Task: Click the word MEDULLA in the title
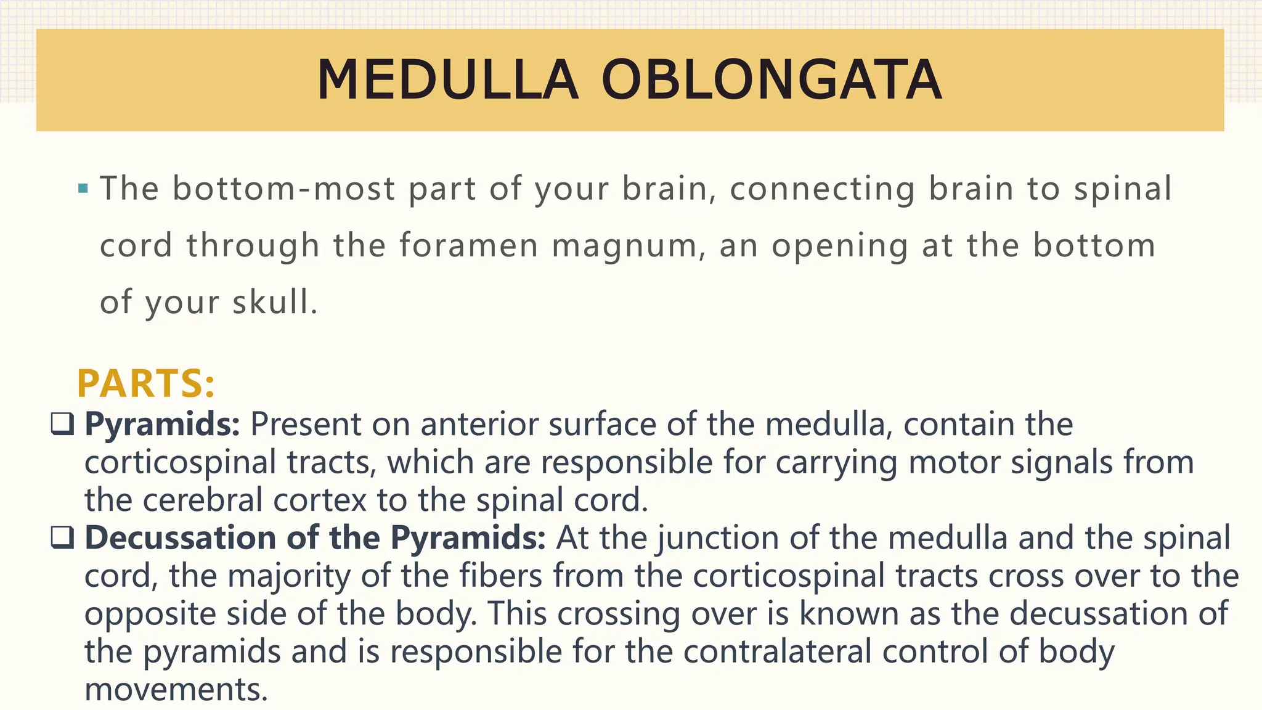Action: tap(448, 80)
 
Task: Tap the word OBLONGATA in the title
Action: tap(771, 80)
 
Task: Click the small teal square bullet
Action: tap(83, 188)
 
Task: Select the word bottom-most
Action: tap(283, 188)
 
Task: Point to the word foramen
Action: tap(469, 245)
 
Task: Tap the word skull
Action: tap(274, 302)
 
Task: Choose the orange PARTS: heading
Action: tap(146, 383)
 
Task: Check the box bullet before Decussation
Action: tap(63, 537)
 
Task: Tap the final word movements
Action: tap(176, 689)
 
